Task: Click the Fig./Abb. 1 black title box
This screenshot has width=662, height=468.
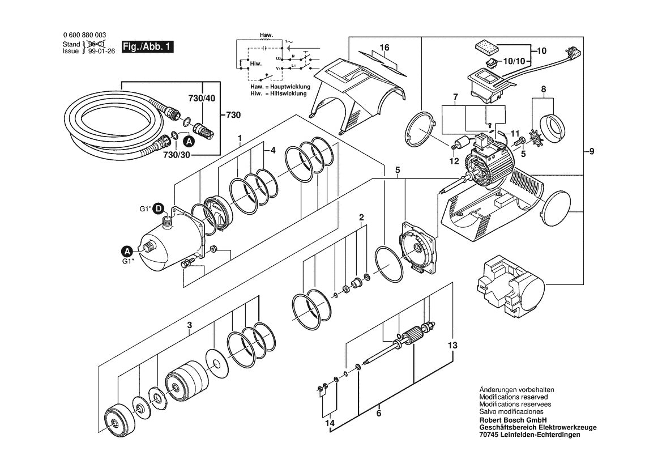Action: pyautogui.click(x=147, y=46)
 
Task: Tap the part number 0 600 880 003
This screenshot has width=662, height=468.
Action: pyautogui.click(x=84, y=36)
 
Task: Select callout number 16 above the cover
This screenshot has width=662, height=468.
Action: pyautogui.click(x=384, y=48)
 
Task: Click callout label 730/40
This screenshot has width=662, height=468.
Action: pyautogui.click(x=202, y=99)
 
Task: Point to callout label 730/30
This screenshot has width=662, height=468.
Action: pyautogui.click(x=177, y=155)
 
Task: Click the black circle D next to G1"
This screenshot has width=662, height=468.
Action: pyautogui.click(x=159, y=209)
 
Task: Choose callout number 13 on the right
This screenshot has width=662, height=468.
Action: pyautogui.click(x=452, y=346)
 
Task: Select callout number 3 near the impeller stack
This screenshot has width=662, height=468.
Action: pyautogui.click(x=190, y=325)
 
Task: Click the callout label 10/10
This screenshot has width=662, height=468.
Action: pyautogui.click(x=514, y=61)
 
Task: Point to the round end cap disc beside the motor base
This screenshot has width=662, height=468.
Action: pyautogui.click(x=557, y=206)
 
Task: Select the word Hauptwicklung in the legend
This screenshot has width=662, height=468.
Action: pyautogui.click(x=288, y=87)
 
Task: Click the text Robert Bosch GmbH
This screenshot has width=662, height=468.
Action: pyautogui.click(x=513, y=420)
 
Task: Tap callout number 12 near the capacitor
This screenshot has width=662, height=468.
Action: pyautogui.click(x=454, y=161)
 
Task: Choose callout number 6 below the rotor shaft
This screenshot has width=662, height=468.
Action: pyautogui.click(x=379, y=412)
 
